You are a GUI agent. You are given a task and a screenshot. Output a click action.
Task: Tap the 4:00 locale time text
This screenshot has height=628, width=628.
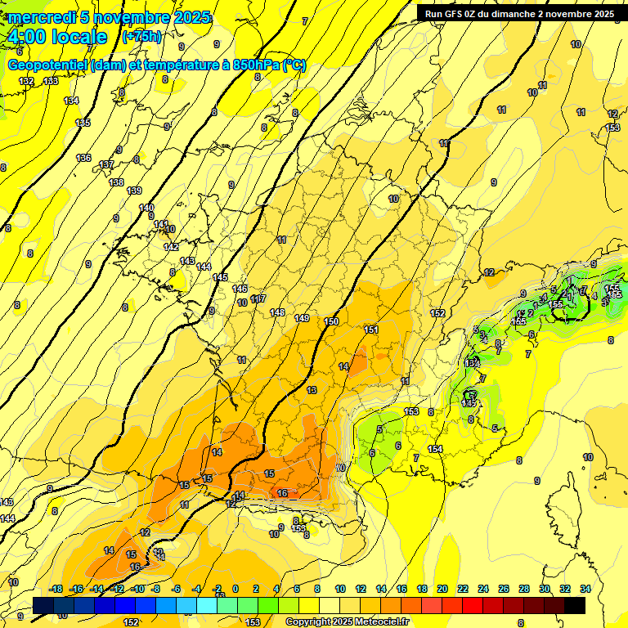tap(57, 37)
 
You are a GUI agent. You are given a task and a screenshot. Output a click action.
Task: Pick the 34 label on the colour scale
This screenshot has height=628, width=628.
tap(585, 589)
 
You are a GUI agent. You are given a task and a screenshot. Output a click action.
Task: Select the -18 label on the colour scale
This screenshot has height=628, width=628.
tap(56, 589)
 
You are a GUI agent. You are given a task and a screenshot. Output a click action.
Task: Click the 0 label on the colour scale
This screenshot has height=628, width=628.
tap(235, 589)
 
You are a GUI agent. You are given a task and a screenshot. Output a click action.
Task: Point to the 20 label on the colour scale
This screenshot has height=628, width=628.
tap(442, 589)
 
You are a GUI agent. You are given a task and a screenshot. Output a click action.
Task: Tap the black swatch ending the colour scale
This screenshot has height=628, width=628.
tap(575, 605)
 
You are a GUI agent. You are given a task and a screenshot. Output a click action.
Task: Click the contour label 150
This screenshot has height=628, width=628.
tap(331, 321)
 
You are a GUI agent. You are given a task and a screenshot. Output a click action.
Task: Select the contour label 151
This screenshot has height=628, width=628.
tap(371, 330)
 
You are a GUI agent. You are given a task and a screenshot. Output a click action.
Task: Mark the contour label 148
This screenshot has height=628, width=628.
tap(277, 313)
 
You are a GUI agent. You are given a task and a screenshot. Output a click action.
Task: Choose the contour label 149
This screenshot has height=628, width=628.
tap(302, 318)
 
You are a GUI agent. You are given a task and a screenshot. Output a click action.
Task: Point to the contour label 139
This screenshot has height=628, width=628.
tap(135, 191)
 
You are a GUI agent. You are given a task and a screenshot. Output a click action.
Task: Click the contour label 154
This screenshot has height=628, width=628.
tap(435, 449)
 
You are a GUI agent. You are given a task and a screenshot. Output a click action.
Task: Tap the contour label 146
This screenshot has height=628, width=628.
tap(240, 289)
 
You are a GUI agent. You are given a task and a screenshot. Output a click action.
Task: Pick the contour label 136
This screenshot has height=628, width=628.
tap(83, 158)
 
